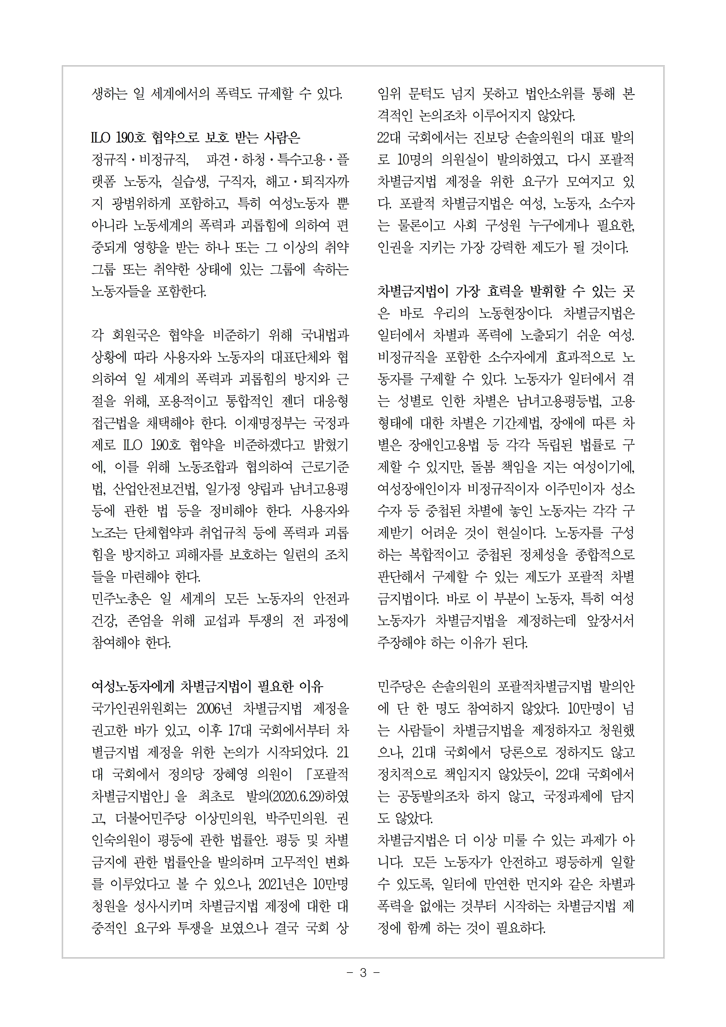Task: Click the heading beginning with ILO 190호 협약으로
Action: pyautogui.click(x=196, y=137)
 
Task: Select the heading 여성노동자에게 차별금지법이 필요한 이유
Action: pyautogui.click(x=207, y=687)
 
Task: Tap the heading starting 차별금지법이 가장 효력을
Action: pyautogui.click(x=506, y=291)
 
